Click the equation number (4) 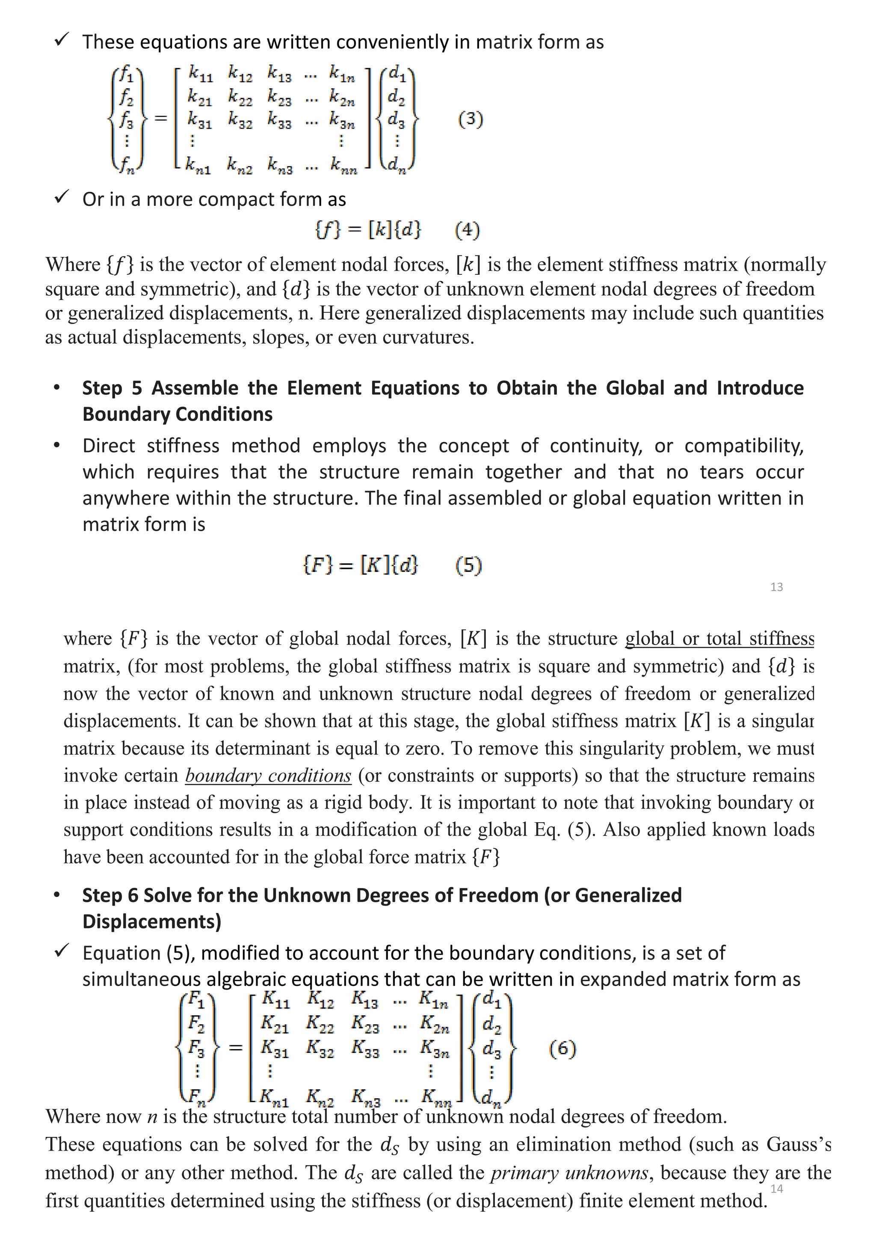pyautogui.click(x=467, y=230)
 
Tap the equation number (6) pyautogui.click(x=562, y=1048)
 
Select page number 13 pyautogui.click(x=776, y=587)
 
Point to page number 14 pyautogui.click(x=776, y=1188)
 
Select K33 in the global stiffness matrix pyautogui.click(x=365, y=1048)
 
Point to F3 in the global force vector pyautogui.click(x=196, y=1048)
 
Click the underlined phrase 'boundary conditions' pyautogui.click(x=268, y=776)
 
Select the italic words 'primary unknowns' pyautogui.click(x=569, y=1173)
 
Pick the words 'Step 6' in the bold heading pyautogui.click(x=110, y=895)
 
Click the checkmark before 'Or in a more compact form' pyautogui.click(x=62, y=198)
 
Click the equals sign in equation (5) pyautogui.click(x=346, y=566)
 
